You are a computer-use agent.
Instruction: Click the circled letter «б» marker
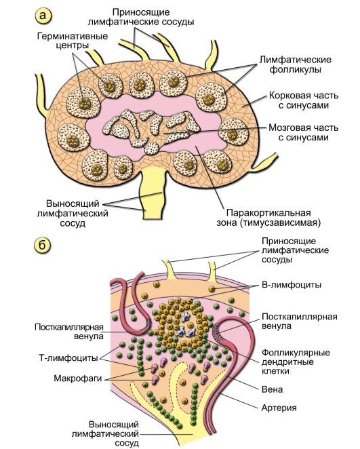click(43, 246)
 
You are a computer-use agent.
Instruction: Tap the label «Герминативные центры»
click(73, 41)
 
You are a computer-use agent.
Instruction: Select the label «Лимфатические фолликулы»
click(295, 64)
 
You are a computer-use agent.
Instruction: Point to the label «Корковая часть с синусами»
click(304, 100)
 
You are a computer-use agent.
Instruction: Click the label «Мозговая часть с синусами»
click(303, 132)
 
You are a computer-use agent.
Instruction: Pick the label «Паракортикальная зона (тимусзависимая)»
click(268, 218)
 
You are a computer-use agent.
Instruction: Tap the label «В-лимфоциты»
click(292, 285)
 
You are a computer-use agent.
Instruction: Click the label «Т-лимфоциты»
click(68, 358)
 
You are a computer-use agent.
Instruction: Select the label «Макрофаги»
click(78, 378)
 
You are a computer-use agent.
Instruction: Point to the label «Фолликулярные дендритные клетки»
click(296, 362)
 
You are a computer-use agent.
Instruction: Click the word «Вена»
click(272, 389)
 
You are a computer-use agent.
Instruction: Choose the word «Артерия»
click(279, 408)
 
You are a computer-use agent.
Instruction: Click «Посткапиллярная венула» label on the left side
click(69, 331)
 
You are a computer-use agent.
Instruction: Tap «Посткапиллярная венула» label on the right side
click(300, 321)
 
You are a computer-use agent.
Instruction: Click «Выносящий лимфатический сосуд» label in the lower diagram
click(105, 433)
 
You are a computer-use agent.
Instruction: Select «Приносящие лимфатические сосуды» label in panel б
click(295, 250)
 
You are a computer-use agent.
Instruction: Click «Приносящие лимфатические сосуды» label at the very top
click(141, 17)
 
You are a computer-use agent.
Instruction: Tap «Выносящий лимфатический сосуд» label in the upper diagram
click(73, 213)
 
